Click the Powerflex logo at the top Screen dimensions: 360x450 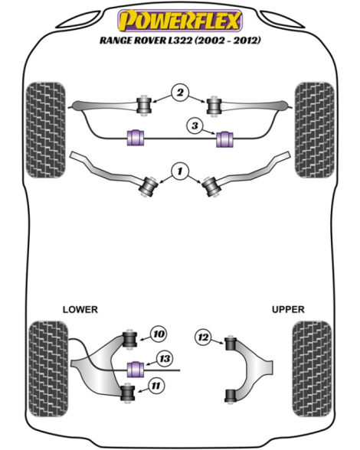pos(180,21)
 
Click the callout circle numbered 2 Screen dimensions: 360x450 pos(180,93)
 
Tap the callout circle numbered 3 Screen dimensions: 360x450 pos(195,126)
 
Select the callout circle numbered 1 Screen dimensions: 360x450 pos(180,171)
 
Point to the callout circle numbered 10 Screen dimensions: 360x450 pos(159,334)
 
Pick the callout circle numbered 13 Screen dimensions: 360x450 pos(165,359)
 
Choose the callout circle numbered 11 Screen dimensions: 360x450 pos(155,386)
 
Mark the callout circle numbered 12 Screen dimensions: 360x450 pos(203,337)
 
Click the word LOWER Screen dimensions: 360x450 pos(80,309)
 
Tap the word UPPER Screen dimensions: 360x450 pos(288,309)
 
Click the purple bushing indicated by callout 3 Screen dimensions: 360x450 pos(224,139)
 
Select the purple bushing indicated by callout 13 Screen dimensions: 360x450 pos(136,370)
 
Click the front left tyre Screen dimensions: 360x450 pos(45,130)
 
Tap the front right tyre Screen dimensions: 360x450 pos(314,130)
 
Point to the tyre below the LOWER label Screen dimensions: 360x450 pos(48,369)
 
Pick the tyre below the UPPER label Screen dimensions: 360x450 pos(312,369)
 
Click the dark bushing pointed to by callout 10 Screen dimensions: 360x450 pos(129,339)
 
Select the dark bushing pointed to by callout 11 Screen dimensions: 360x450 pos(127,393)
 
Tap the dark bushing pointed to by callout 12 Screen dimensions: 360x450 pos(230,343)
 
